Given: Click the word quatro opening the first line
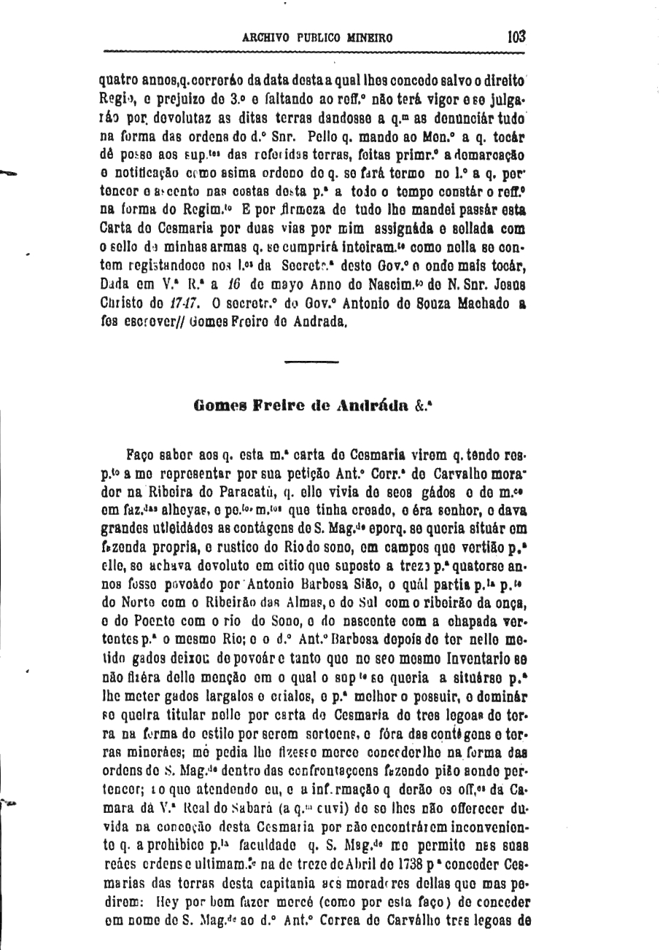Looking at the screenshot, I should point(120,82).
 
